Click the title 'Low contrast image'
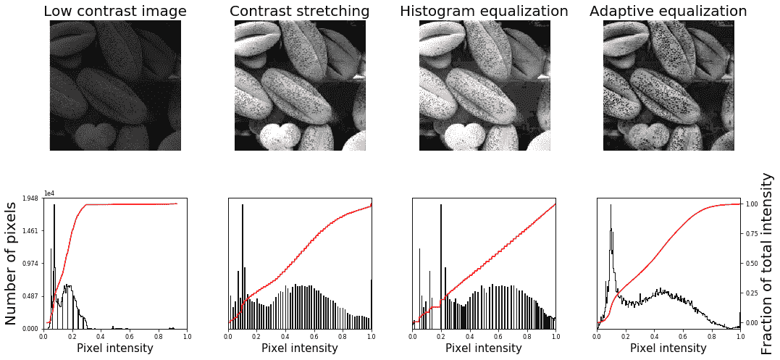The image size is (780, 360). pyautogui.click(x=115, y=11)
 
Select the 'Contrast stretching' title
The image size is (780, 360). pyautogui.click(x=299, y=11)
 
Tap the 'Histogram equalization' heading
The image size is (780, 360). pyautogui.click(x=484, y=11)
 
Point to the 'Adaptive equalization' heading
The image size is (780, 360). pyautogui.click(x=668, y=11)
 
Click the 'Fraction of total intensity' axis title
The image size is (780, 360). pyautogui.click(x=768, y=264)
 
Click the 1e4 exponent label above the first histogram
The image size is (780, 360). pyautogui.click(x=49, y=193)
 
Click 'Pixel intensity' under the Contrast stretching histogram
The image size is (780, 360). pyautogui.click(x=299, y=348)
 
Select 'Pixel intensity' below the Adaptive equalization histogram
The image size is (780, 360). pyautogui.click(x=668, y=348)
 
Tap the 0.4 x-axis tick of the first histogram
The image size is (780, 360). pyautogui.click(x=101, y=336)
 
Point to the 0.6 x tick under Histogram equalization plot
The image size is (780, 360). pyautogui.click(x=498, y=336)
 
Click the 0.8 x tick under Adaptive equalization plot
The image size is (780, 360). pyautogui.click(x=711, y=336)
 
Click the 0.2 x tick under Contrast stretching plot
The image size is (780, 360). pyautogui.click(x=256, y=336)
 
